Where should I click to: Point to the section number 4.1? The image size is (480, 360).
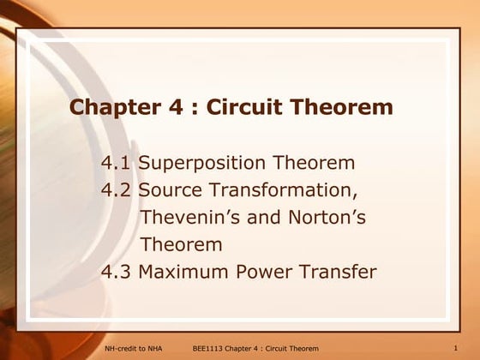click(116, 163)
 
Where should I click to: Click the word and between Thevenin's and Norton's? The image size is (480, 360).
click(256, 218)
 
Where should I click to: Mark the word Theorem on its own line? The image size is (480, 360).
click(182, 245)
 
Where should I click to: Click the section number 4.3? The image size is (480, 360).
click(116, 273)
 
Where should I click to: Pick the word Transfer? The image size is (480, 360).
click(341, 273)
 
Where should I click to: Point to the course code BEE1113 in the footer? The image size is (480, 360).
click(207, 348)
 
